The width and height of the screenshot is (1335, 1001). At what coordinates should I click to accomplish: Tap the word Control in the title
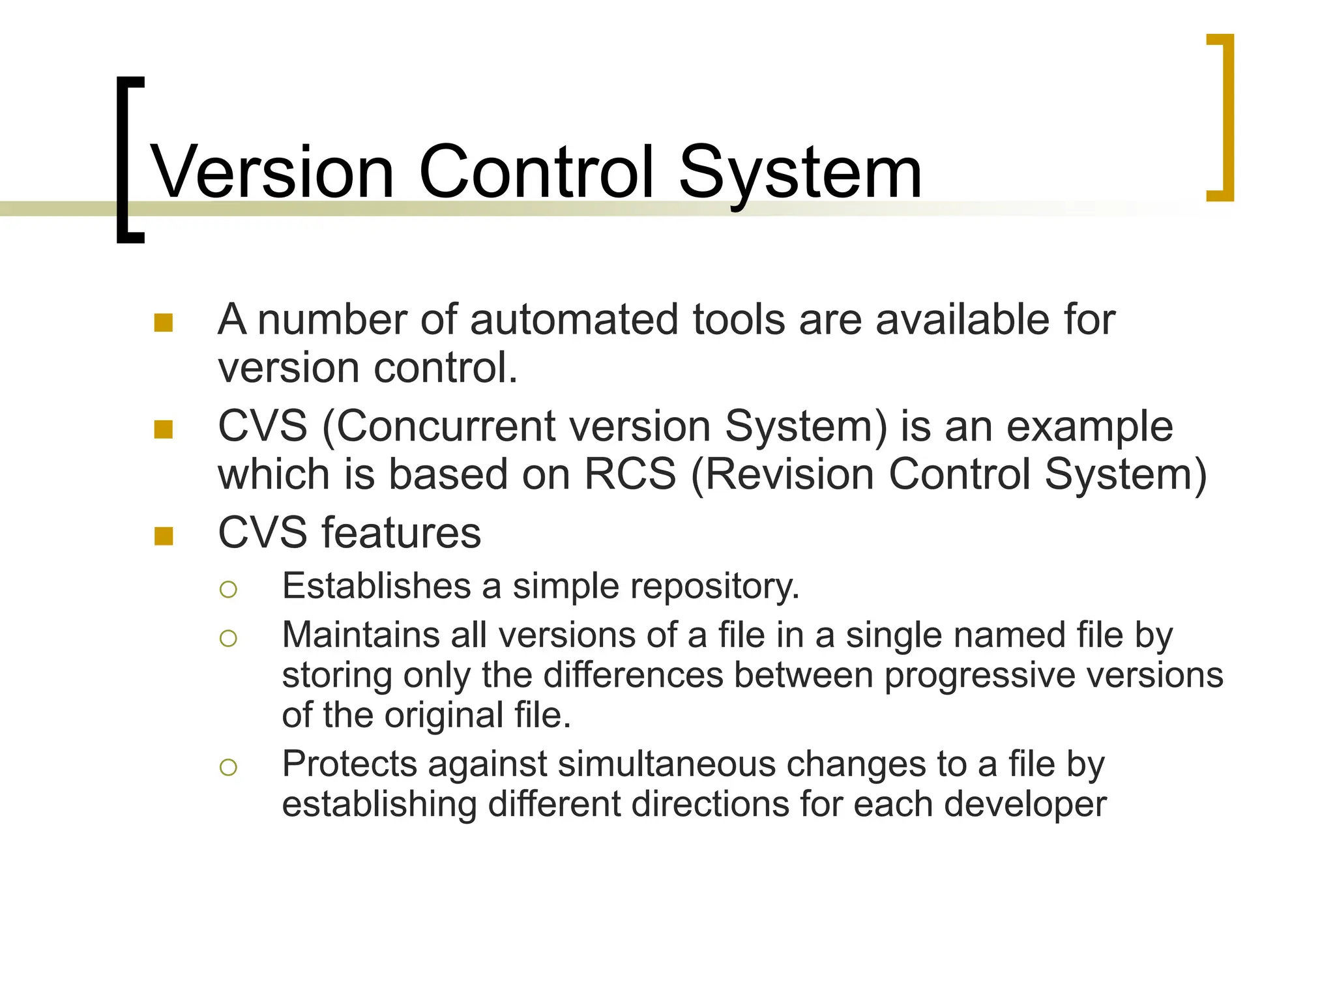coord(536,172)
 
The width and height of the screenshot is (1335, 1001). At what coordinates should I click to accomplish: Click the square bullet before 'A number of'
coord(164,323)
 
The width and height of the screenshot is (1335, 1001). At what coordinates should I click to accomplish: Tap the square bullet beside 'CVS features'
coord(164,536)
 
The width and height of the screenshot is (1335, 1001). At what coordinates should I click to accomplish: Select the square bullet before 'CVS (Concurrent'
coord(164,429)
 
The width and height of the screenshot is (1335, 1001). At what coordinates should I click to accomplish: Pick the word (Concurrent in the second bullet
coord(439,428)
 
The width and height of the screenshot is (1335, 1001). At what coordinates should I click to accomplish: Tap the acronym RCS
coord(630,474)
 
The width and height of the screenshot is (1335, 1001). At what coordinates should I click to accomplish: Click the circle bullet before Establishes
coord(228,590)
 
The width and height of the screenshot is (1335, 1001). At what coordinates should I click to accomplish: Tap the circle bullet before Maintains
coord(228,638)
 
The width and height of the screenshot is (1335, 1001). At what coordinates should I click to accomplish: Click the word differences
coord(633,675)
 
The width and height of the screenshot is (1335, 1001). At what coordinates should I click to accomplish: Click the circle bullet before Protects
coord(228,767)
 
